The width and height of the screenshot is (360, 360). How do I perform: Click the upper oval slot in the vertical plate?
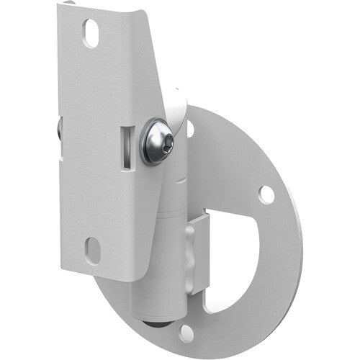(91, 33)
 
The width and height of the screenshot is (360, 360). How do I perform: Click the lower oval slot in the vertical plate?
(91, 250)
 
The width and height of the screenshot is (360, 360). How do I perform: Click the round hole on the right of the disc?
(266, 194)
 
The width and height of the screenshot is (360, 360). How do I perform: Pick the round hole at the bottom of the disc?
(186, 333)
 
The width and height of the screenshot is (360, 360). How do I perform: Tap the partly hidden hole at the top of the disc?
(190, 130)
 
